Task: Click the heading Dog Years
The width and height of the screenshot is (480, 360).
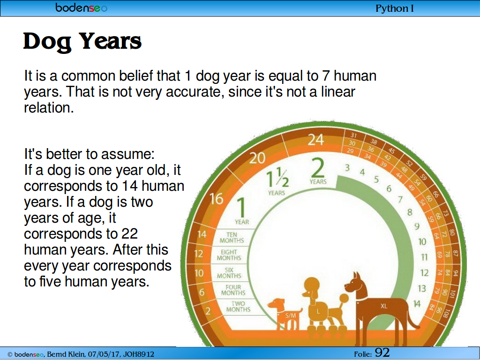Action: pyautogui.click(x=82, y=41)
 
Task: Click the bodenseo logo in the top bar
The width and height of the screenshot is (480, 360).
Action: pyautogui.click(x=82, y=7)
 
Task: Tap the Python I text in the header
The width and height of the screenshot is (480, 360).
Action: pyautogui.click(x=395, y=8)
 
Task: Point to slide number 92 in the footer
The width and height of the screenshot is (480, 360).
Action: pyautogui.click(x=382, y=352)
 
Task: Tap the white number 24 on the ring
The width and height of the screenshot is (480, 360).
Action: pyautogui.click(x=315, y=140)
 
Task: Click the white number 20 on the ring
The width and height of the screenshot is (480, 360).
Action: pyautogui.click(x=257, y=158)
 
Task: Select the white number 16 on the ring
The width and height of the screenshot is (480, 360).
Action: pyautogui.click(x=217, y=199)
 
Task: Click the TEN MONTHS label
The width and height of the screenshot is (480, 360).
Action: pyautogui.click(x=232, y=238)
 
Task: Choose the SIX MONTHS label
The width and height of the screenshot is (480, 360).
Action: pyautogui.click(x=229, y=273)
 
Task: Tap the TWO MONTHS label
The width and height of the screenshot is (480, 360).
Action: pyautogui.click(x=238, y=307)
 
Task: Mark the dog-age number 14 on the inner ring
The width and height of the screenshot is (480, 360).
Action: pyautogui.click(x=417, y=304)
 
